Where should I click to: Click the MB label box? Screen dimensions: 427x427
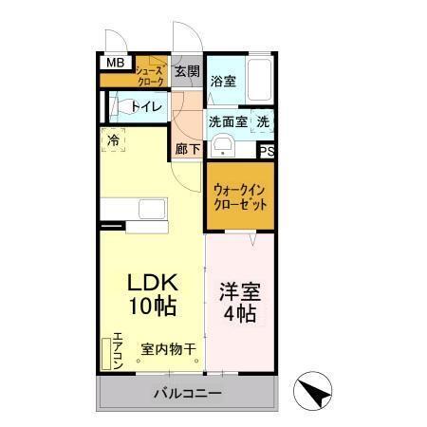click(114, 64)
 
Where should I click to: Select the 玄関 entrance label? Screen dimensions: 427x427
click(188, 71)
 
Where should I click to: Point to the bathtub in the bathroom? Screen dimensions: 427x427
click(259, 80)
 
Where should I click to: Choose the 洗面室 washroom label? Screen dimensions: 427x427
click(228, 121)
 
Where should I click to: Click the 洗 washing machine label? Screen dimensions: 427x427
click(264, 121)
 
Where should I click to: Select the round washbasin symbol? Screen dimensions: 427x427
click(222, 145)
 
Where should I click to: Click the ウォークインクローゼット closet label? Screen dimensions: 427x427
click(240, 195)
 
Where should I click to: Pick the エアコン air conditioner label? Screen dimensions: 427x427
click(118, 348)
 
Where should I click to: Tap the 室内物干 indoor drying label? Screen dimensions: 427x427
click(169, 349)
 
